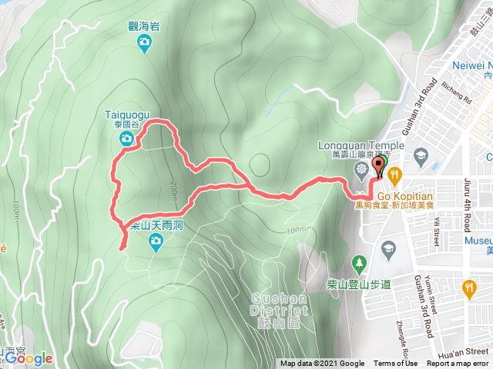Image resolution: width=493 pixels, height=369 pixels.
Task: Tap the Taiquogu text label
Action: tap(124, 115)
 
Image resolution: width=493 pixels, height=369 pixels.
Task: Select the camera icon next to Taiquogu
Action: tap(126, 138)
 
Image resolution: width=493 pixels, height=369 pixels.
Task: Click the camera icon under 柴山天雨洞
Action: tap(156, 244)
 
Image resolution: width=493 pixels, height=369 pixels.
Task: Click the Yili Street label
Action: tap(435, 231)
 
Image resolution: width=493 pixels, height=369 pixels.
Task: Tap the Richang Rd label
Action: tap(457, 95)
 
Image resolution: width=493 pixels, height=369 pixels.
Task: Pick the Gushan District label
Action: tap(280, 304)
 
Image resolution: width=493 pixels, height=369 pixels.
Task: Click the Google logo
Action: tap(29, 357)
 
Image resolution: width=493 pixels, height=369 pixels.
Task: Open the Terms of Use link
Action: tap(396, 364)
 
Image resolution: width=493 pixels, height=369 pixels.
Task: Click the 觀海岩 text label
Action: tap(144, 25)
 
